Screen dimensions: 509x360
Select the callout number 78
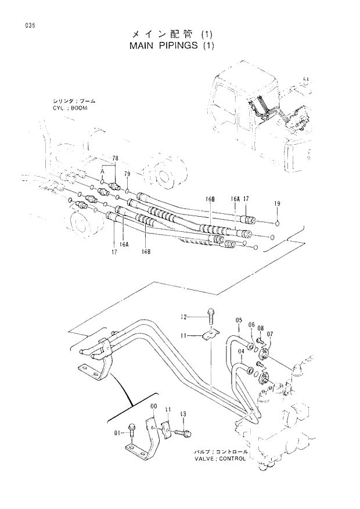point(115,159)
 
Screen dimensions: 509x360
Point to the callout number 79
point(127,174)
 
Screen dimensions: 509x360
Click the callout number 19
point(277,203)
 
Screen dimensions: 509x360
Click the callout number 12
point(183,317)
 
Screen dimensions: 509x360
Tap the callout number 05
point(239,320)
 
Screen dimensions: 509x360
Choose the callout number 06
point(251,325)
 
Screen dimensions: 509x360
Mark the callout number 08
point(261,328)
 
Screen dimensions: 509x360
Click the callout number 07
point(270,334)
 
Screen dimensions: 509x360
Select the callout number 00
point(153,407)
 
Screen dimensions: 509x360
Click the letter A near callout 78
point(102,171)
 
